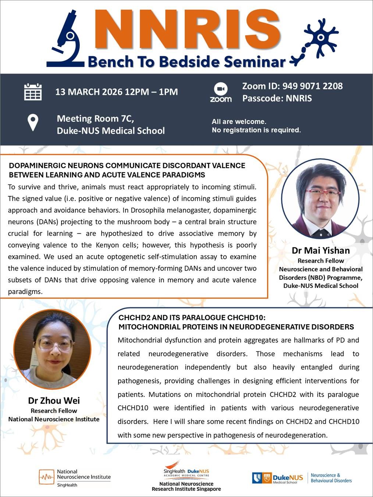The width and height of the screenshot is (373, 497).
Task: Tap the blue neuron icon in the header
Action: click(x=319, y=39)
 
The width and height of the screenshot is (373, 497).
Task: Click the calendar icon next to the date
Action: click(x=33, y=92)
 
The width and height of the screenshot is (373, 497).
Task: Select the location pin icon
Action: click(x=33, y=122)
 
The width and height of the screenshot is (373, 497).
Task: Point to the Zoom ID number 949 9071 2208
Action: click(x=312, y=86)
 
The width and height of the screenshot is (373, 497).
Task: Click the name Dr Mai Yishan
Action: click(x=321, y=251)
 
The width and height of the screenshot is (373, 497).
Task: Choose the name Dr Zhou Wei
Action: click(x=54, y=400)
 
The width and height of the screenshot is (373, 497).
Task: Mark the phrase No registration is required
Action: click(x=256, y=130)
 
